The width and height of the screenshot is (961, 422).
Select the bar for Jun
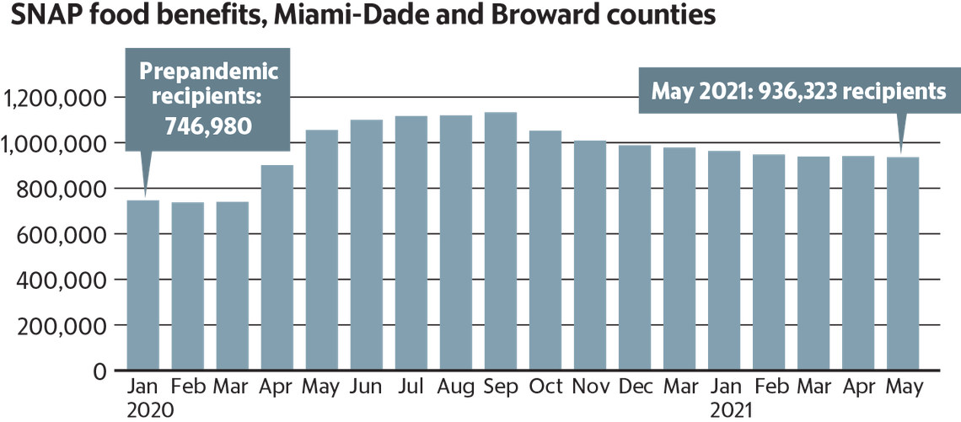click(x=367, y=244)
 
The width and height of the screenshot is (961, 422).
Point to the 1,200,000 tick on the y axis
click(x=56, y=99)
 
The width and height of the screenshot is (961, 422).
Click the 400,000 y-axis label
click(x=56, y=280)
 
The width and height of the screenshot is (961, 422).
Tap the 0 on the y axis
click(x=99, y=371)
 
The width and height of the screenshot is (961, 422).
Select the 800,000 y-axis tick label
click(x=56, y=190)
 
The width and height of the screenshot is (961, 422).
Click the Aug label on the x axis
click(x=456, y=388)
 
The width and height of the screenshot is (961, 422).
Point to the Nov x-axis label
click(x=590, y=388)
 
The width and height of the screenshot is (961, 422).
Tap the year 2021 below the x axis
click(x=731, y=410)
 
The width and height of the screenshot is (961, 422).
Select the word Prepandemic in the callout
click(x=208, y=72)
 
